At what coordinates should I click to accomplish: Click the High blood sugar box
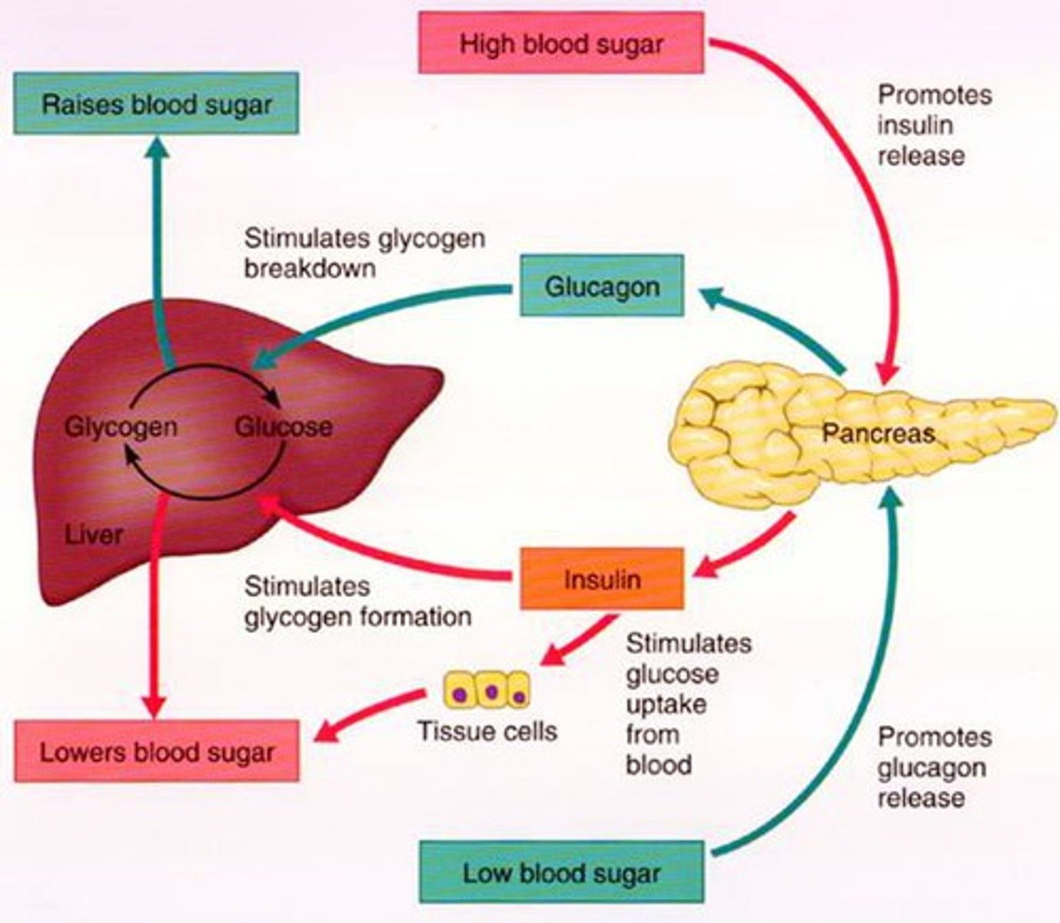pos(560,43)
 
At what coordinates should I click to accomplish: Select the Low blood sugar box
pos(560,872)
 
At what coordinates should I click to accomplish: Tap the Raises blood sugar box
pos(156,104)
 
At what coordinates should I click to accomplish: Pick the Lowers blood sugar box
pos(156,751)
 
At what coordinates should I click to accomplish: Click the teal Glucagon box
pos(601,286)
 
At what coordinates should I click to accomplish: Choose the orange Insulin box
pos(601,578)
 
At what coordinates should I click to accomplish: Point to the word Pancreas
pos(878,433)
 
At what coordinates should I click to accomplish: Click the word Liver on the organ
pos(93,534)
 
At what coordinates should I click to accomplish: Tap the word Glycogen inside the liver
pos(121,427)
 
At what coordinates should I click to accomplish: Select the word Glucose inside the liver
pos(283,427)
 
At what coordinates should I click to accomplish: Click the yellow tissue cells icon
pos(487,689)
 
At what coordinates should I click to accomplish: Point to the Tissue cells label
pos(487,730)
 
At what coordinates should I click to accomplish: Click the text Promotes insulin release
pos(934,125)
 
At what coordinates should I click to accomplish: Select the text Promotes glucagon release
pos(934,767)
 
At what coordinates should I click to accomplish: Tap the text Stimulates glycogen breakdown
pos(364,252)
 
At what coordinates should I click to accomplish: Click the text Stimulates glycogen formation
pos(357,601)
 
